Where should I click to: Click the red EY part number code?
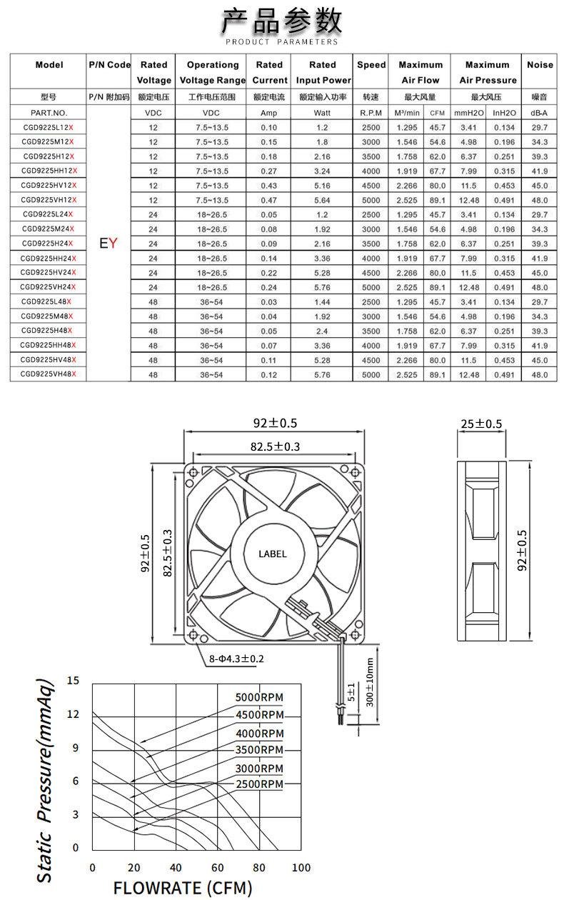[109, 243]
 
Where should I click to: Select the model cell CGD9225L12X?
[49, 127]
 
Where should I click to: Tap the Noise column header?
[540, 65]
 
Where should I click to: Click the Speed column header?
[371, 65]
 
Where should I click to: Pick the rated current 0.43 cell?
[268, 186]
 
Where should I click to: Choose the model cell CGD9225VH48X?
[49, 374]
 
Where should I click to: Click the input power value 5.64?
[322, 200]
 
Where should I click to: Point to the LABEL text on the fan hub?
[272, 554]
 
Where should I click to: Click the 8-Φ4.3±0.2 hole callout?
[236, 659]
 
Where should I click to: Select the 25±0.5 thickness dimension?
[481, 424]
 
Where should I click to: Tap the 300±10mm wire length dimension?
[370, 682]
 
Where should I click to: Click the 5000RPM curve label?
[259, 697]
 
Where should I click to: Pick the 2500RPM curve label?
[259, 784]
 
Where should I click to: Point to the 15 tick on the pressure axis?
[73, 680]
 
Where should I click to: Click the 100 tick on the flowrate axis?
[301, 867]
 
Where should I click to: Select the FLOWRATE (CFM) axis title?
[183, 888]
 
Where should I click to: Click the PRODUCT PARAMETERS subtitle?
[281, 41]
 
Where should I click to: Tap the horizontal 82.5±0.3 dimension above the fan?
[275, 446]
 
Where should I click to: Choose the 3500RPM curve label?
[259, 750]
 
